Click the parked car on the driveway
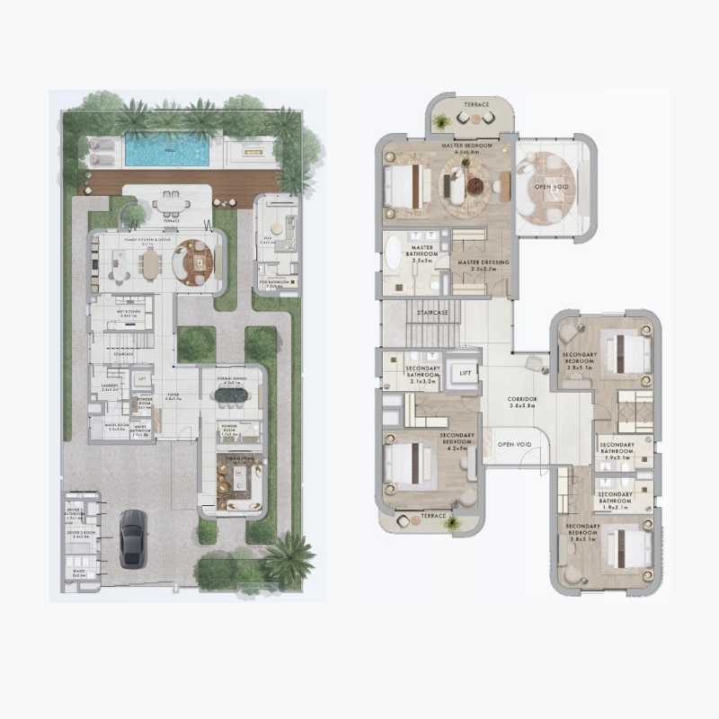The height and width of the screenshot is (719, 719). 132,538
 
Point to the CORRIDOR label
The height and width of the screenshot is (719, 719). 522,398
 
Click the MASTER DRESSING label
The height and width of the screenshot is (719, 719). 484,263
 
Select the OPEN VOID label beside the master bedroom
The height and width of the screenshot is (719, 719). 550,186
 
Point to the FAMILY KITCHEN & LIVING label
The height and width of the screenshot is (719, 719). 150,241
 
